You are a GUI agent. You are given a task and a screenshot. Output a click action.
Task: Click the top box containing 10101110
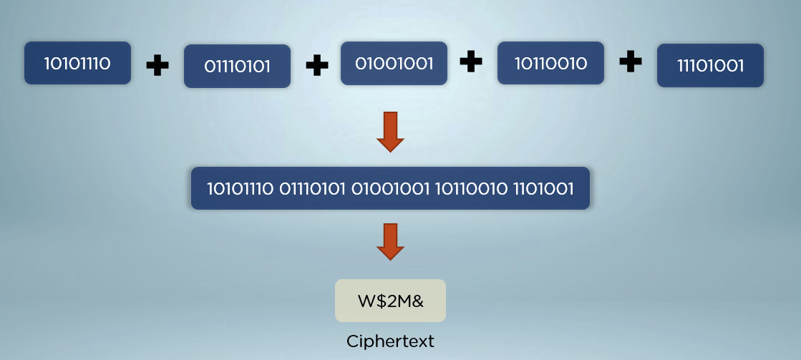tap(77, 63)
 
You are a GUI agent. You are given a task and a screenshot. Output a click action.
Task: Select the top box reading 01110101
tap(237, 67)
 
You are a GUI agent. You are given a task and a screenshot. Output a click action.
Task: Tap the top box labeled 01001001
tap(394, 63)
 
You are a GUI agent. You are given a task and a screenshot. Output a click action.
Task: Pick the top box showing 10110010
tap(550, 63)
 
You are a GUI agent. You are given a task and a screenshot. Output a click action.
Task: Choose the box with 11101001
tap(710, 67)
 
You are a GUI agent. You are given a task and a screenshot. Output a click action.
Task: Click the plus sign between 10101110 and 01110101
tap(157, 66)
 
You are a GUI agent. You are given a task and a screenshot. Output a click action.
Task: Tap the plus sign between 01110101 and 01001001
tap(316, 66)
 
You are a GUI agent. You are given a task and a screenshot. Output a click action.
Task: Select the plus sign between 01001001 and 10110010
tap(470, 62)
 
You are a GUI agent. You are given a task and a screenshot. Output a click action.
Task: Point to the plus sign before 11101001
tap(630, 62)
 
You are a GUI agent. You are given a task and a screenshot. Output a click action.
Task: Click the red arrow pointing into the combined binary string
tap(390, 131)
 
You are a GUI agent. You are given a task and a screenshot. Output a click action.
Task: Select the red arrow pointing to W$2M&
tap(390, 242)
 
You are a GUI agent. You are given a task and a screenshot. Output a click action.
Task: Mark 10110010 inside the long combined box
tap(471, 189)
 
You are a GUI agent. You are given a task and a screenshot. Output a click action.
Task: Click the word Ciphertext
tap(390, 341)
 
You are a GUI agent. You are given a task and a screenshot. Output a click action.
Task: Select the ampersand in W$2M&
tap(417, 301)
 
